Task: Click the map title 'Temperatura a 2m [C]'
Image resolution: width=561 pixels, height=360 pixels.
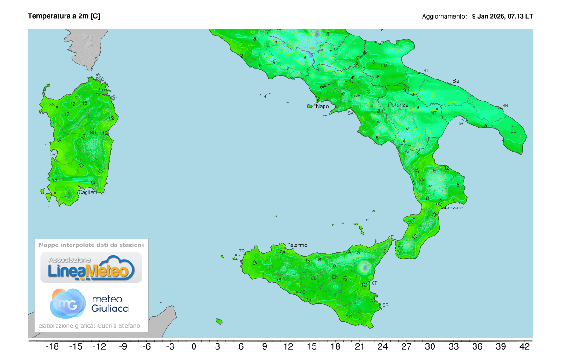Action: (64, 16)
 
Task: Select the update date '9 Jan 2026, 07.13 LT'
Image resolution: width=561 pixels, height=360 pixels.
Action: (502, 16)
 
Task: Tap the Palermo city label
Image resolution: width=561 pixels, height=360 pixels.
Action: (297, 245)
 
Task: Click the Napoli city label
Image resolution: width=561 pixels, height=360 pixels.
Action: (324, 106)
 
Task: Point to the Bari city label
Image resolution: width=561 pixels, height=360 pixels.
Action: (457, 81)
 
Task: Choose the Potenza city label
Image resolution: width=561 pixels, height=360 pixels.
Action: (398, 105)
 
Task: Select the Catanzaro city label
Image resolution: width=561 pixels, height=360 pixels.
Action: (451, 208)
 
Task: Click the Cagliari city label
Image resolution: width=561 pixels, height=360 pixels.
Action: (87, 192)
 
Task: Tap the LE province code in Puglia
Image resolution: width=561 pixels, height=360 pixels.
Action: (513, 131)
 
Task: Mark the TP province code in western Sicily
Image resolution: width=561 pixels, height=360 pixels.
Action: (242, 251)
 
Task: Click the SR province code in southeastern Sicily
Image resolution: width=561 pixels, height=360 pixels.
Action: (385, 305)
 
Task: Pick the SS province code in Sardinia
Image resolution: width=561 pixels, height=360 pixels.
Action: (52, 105)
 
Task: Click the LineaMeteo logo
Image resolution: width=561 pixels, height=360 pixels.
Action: (91, 268)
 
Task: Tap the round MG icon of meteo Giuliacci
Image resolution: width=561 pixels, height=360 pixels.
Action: (68, 303)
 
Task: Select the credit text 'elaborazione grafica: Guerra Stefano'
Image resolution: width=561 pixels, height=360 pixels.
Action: (89, 326)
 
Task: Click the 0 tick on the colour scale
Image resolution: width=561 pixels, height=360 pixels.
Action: (194, 347)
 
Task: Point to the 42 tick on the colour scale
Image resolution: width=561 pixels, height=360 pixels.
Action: (525, 347)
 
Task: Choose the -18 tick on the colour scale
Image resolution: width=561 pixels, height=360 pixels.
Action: (51, 347)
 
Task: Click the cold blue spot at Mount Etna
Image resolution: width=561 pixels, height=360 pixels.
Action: (364, 268)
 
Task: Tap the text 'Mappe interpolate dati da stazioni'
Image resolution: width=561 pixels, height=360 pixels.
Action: (91, 245)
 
